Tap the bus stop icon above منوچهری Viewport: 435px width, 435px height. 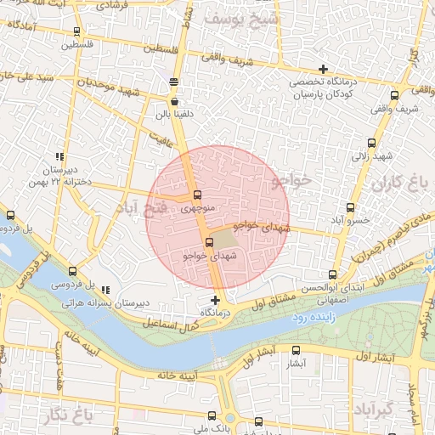click(197, 195)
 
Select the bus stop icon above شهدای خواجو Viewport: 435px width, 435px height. click(209, 243)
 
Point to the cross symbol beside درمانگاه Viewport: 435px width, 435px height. click(215, 300)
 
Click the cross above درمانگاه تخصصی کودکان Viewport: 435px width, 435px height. click(323, 69)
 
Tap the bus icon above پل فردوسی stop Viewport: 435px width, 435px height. click(72, 271)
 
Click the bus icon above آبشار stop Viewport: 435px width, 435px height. click(296, 350)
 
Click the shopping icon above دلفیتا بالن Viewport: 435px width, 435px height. click(173, 100)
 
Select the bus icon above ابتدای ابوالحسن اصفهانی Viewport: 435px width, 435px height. click(331, 274)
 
